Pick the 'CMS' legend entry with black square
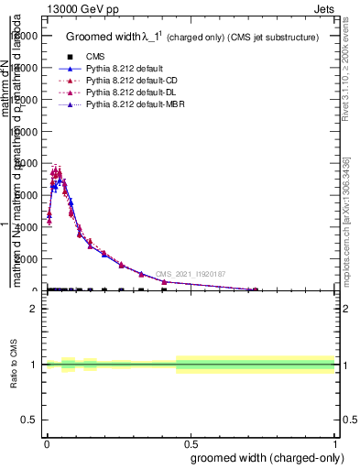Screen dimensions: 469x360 (95, 57)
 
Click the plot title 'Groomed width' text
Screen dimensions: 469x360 (104, 38)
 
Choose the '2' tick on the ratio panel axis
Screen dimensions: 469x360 (33, 310)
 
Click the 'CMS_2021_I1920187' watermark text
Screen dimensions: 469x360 (190, 274)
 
